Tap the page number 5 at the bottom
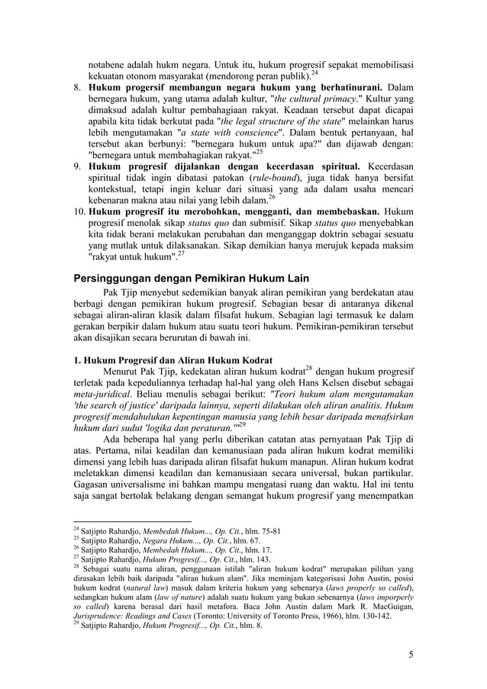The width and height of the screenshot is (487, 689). tap(411, 655)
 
